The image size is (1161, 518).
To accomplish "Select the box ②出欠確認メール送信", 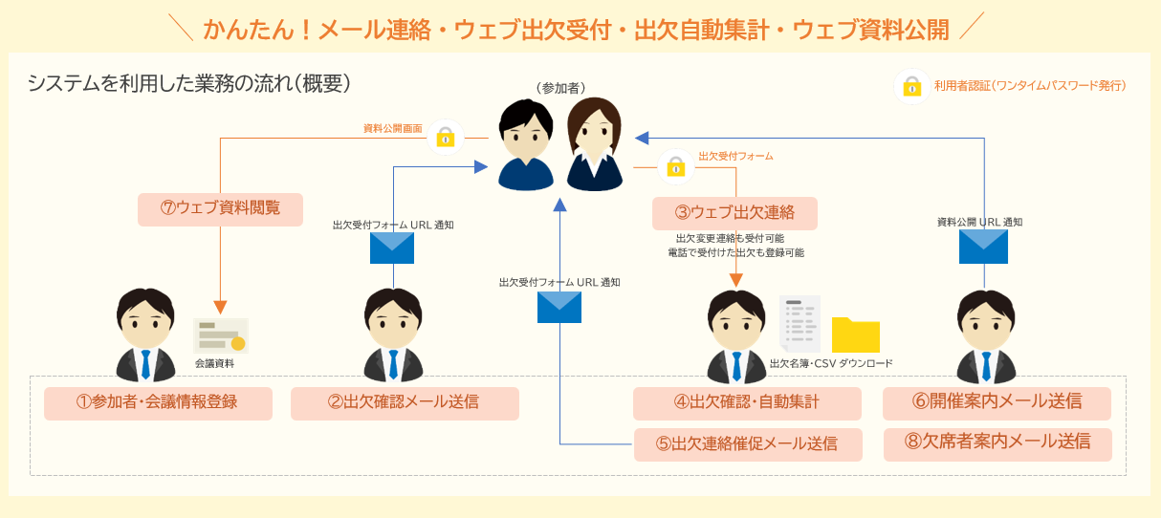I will pyautogui.click(x=405, y=403).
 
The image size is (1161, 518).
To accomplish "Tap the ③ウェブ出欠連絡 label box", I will pyautogui.click(x=734, y=212).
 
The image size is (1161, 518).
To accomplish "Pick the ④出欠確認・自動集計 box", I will pyautogui.click(x=747, y=403).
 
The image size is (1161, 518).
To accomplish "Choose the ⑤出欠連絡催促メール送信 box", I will pyautogui.click(x=747, y=444).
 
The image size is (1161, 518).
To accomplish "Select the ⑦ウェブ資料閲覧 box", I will pyautogui.click(x=220, y=209).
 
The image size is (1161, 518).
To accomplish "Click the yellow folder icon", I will pyautogui.click(x=855, y=335).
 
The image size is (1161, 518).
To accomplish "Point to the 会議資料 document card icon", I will pyautogui.click(x=221, y=336).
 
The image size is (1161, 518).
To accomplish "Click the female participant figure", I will pyautogui.click(x=594, y=144).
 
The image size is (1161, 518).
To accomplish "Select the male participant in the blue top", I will pyautogui.click(x=526, y=144).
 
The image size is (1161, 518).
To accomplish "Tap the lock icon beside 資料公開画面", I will pyautogui.click(x=445, y=137).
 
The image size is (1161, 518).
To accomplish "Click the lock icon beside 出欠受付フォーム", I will pyautogui.click(x=676, y=166).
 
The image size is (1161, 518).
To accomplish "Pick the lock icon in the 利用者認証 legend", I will pyautogui.click(x=912, y=86).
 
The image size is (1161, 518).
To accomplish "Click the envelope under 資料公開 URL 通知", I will pyautogui.click(x=983, y=246).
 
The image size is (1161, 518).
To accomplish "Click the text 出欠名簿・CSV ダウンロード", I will pyautogui.click(x=831, y=364).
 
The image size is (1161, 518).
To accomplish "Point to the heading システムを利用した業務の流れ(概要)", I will pyautogui.click(x=188, y=84).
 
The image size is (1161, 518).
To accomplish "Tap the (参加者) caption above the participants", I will pyautogui.click(x=559, y=87).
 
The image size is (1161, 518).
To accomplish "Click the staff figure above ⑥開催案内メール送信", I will pyautogui.click(x=987, y=335).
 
